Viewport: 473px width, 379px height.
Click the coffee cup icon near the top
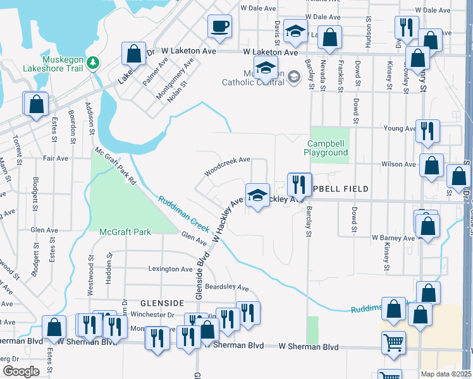click(219, 27)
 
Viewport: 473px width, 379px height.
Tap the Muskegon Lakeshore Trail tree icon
click(93, 62)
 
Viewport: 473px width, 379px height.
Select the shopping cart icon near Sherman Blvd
click(393, 343)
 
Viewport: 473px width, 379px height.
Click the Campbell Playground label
click(326, 148)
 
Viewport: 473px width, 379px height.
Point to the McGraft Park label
click(125, 232)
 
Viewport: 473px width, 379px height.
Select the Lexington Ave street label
click(170, 268)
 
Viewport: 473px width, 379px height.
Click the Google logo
click(21, 371)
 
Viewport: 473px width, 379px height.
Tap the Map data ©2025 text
click(446, 373)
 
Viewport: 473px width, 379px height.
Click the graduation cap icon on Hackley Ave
click(257, 195)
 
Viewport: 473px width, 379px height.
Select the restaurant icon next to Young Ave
click(427, 131)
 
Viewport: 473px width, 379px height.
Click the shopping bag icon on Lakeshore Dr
click(133, 54)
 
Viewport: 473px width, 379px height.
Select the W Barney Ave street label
click(393, 238)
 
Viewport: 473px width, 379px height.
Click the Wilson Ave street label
click(398, 164)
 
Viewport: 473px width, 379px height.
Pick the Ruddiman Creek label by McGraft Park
click(183, 217)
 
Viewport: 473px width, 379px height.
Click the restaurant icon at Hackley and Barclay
click(299, 184)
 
